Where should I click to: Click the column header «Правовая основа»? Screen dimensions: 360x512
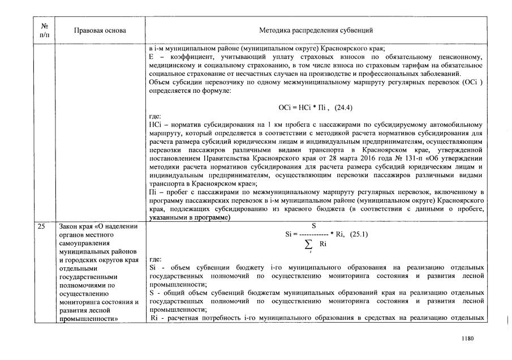tap(100, 30)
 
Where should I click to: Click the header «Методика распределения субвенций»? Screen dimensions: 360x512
tap(316, 30)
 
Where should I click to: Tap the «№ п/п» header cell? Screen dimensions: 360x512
tap(45, 30)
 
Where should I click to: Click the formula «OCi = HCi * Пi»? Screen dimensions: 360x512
tap(302, 108)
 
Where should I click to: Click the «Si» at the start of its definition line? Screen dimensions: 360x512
tap(152, 265)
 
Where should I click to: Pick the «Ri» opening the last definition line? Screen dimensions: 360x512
tap(153, 318)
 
